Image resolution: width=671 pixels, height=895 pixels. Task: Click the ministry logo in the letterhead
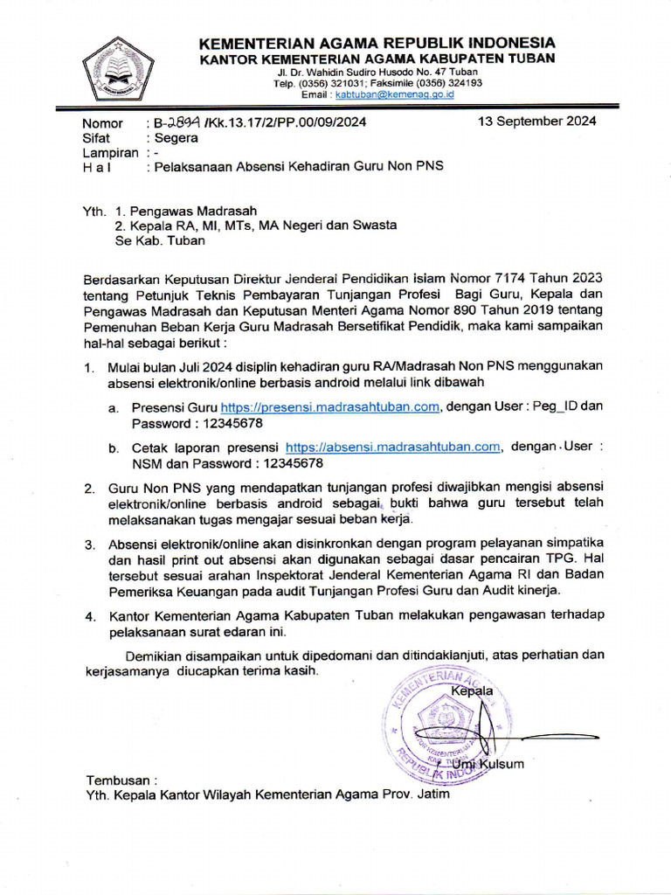pos(118,71)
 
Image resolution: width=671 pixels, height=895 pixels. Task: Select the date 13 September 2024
pos(537,121)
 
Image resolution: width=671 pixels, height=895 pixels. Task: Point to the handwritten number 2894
pos(181,122)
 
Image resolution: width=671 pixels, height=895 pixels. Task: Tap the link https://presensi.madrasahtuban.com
pos(329,406)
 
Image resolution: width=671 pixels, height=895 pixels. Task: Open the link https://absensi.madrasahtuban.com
pos(393,447)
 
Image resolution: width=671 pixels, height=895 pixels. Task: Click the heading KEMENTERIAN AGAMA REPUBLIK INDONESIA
pos(377,43)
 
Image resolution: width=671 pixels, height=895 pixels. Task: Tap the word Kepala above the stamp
pos(472,691)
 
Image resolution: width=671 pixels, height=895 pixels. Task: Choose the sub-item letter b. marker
pos(114,447)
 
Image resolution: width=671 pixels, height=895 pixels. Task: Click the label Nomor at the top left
pos(102,122)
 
